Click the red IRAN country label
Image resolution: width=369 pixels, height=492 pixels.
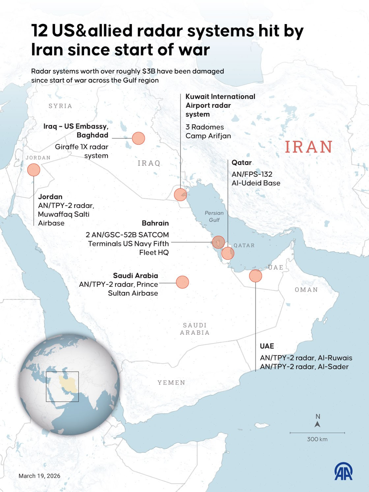pos(308,147)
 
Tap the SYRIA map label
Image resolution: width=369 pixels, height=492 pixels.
pos(60,106)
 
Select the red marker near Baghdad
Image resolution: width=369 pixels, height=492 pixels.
pos(138,138)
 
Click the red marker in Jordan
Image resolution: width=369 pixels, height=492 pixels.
pos(34,170)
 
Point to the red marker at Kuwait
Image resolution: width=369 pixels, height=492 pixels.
pos(180,195)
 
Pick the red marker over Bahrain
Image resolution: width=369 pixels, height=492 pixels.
pos(218,242)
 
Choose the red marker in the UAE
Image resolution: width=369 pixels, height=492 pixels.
pos(255,276)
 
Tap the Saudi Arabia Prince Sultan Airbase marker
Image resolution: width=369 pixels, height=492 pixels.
pos(182,282)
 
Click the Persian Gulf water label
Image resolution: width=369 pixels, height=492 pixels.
pos(214,217)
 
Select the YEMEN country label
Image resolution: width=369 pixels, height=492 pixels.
pos(171,383)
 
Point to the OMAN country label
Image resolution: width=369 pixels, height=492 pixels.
pos(306,290)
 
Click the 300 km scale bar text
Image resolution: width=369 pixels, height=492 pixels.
pos(317,439)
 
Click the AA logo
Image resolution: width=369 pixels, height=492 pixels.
pos(343,472)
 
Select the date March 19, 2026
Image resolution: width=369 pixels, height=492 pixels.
pos(40,476)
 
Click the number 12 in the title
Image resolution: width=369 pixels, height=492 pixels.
pos(40,31)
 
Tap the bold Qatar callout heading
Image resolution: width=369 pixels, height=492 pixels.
pos(241,162)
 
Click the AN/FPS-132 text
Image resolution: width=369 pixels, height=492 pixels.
pos(252,174)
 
